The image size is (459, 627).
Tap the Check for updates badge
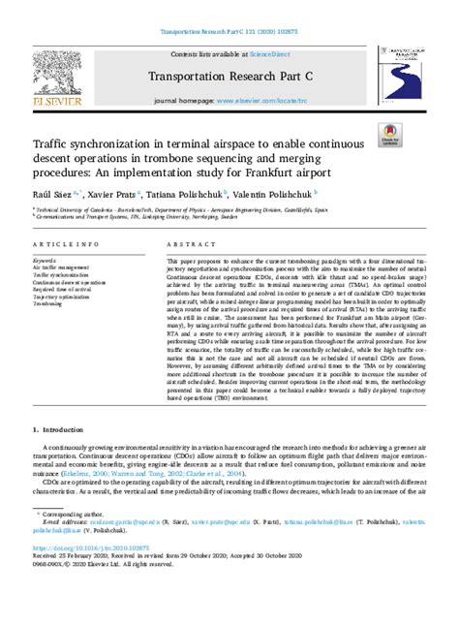click(391, 136)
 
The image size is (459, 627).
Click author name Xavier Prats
click(106, 194)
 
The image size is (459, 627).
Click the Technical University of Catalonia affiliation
click(73, 208)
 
